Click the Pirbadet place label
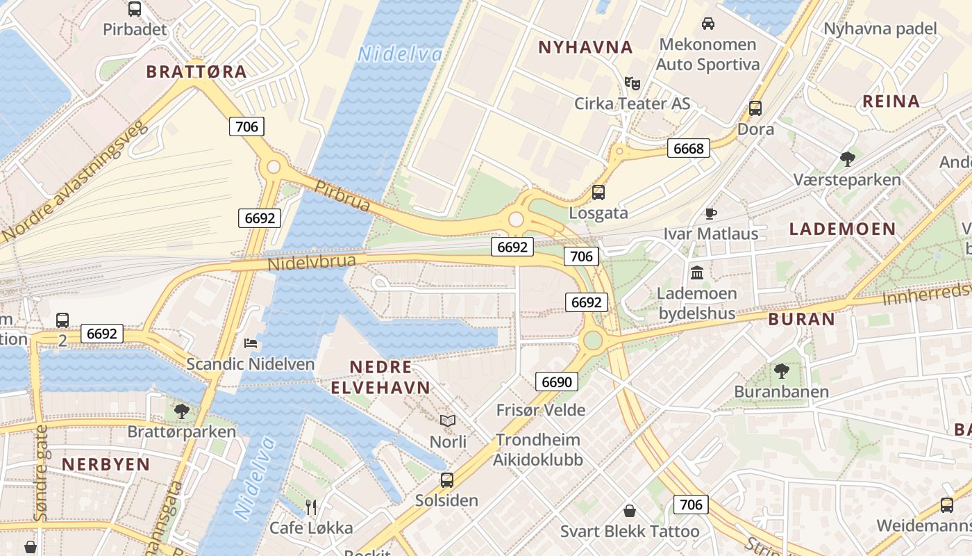135,29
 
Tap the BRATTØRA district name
196,72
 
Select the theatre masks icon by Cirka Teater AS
632,83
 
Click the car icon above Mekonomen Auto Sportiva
708,24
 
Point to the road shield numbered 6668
689,148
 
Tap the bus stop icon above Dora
755,108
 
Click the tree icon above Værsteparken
847,159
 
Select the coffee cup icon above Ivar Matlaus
710,213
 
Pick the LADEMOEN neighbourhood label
843,229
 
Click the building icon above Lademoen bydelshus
697,272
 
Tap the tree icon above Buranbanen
782,370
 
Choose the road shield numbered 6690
557,382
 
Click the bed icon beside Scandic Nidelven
251,343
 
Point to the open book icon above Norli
448,420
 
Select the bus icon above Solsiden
447,480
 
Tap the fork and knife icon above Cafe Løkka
311,507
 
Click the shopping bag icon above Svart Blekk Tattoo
630,511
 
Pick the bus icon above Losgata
598,193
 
